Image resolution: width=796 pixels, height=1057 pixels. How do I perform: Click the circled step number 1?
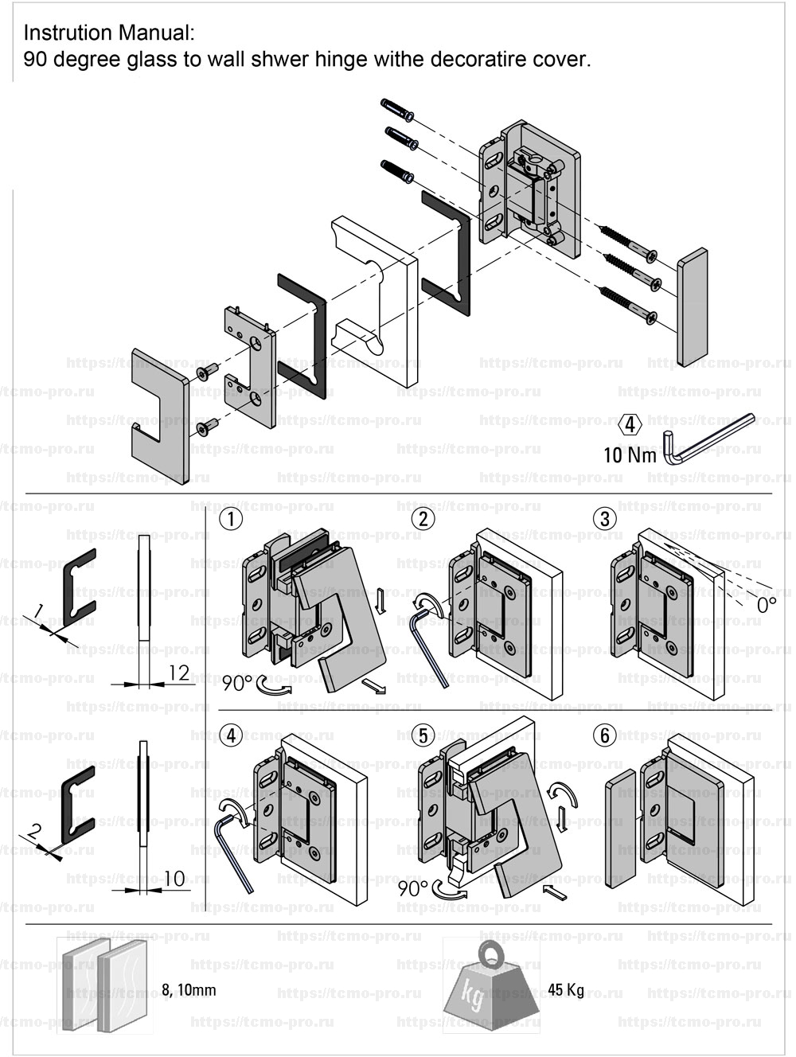point(231,520)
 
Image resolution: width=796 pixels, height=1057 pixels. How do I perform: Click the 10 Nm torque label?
point(630,455)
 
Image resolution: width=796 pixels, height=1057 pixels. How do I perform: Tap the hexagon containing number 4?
point(630,424)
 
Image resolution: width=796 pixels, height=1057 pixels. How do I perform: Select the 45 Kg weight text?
point(566,991)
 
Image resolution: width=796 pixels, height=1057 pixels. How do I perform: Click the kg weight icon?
point(492,987)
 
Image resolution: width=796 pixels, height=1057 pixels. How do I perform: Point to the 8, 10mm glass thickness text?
point(189,991)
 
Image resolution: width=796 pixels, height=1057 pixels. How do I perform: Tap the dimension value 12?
point(179,673)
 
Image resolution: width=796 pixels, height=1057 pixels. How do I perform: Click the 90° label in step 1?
point(236,684)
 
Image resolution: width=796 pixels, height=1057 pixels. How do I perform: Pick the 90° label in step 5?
point(413,887)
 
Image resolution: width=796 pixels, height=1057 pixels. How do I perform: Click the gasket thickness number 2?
point(33,832)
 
